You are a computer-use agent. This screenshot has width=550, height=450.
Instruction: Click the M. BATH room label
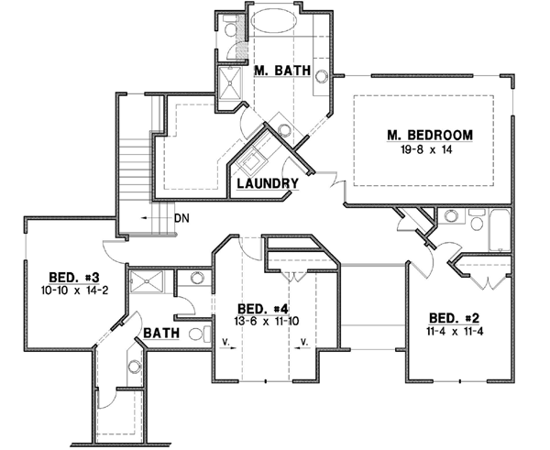coord(281,71)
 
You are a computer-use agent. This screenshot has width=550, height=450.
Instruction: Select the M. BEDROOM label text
coord(429,136)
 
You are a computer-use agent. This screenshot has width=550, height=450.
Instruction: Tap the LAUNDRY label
coord(268,183)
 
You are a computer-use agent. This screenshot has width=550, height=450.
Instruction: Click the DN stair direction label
coord(181,217)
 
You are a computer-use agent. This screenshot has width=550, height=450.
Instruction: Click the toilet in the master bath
coord(229,28)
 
